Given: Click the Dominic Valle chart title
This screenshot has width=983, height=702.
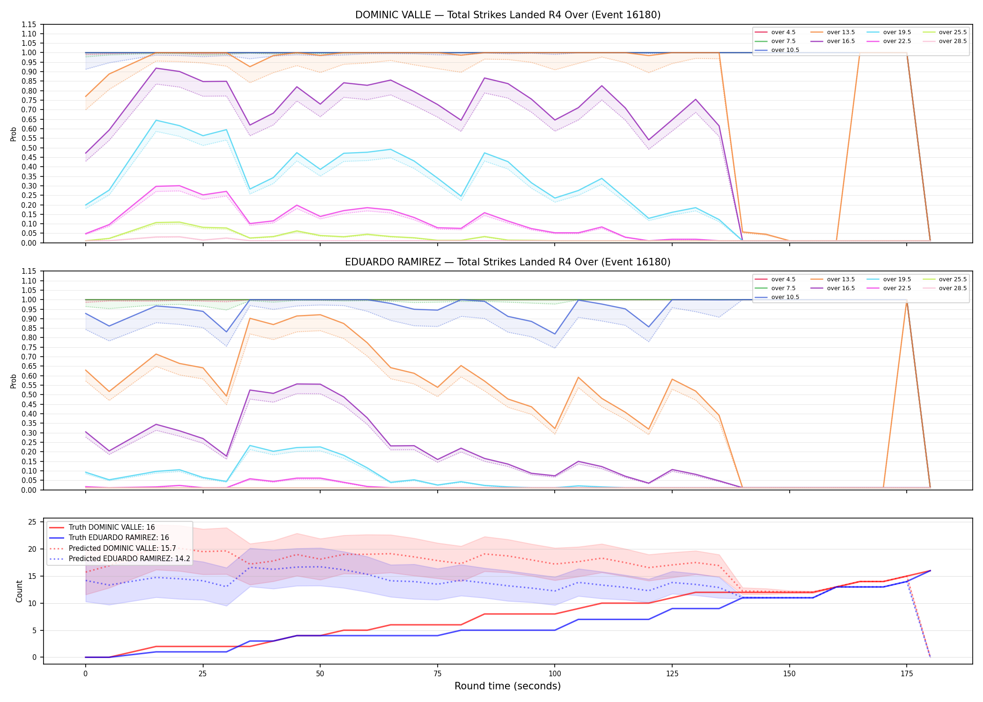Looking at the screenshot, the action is (508, 15).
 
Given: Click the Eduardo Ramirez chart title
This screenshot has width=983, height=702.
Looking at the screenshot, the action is (508, 262).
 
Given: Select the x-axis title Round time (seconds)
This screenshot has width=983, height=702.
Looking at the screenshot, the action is (508, 686).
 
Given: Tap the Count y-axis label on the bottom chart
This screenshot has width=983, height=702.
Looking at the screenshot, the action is (19, 591).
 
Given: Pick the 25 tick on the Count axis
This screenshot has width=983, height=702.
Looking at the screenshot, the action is (32, 522).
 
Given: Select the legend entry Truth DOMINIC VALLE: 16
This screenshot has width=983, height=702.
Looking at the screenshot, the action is (111, 527).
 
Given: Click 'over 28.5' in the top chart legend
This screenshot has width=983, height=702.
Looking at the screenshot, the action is (953, 41).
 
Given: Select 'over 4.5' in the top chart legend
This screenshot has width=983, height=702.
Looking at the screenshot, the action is (783, 32).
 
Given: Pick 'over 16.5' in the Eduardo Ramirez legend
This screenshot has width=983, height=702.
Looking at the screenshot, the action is (841, 288).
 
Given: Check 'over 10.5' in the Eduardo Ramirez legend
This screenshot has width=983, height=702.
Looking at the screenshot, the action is (785, 297).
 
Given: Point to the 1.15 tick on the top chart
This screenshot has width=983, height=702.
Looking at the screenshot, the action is (29, 24).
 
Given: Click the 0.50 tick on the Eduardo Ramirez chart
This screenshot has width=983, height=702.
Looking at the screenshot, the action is (29, 395).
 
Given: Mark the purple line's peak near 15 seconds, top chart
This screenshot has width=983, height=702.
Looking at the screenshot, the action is (156, 68).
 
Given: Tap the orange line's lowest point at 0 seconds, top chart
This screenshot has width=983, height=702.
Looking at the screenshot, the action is (85, 96).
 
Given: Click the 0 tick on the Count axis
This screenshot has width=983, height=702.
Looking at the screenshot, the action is (35, 658).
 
